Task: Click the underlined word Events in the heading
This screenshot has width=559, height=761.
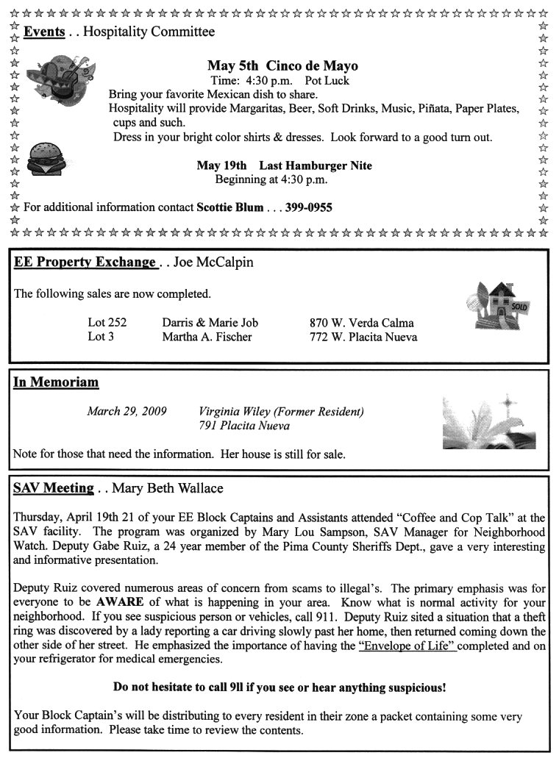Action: click(44, 32)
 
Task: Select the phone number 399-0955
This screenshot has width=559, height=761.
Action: click(309, 207)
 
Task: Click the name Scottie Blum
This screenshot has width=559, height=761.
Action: click(229, 207)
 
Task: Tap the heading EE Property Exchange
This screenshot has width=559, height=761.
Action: click(85, 262)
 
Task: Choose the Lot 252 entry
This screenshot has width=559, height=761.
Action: click(107, 323)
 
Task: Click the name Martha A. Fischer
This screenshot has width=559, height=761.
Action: click(207, 337)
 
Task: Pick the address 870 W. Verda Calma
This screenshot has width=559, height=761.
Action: click(361, 323)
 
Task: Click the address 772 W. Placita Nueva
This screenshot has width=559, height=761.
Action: click(363, 337)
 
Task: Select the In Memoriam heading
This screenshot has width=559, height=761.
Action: click(56, 382)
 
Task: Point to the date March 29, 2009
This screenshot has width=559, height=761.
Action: click(127, 411)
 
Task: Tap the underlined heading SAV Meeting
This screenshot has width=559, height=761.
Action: click(54, 488)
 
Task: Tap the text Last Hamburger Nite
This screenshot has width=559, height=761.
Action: click(316, 165)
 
